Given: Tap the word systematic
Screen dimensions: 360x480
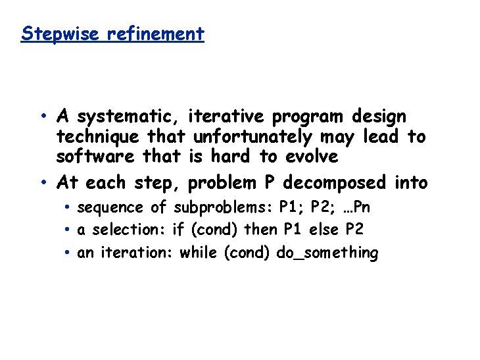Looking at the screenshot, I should click(x=128, y=118).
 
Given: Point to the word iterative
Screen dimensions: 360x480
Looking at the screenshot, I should click(x=227, y=117).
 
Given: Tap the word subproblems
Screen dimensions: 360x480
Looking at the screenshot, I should click(x=224, y=208).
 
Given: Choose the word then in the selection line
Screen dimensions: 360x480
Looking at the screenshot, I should click(x=261, y=230).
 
